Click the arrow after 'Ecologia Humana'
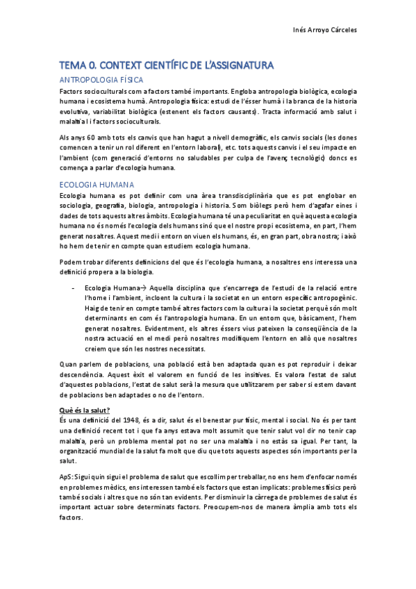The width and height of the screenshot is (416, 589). coord(140,287)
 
